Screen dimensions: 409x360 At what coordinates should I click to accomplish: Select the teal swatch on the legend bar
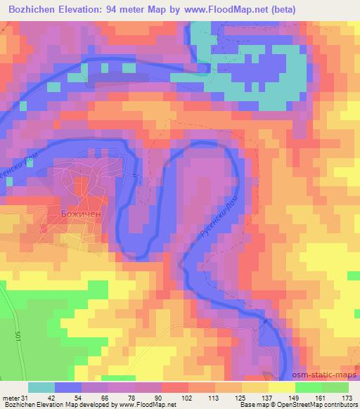[x=41, y=387]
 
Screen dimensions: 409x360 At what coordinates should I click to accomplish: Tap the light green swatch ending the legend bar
[x=335, y=387]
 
